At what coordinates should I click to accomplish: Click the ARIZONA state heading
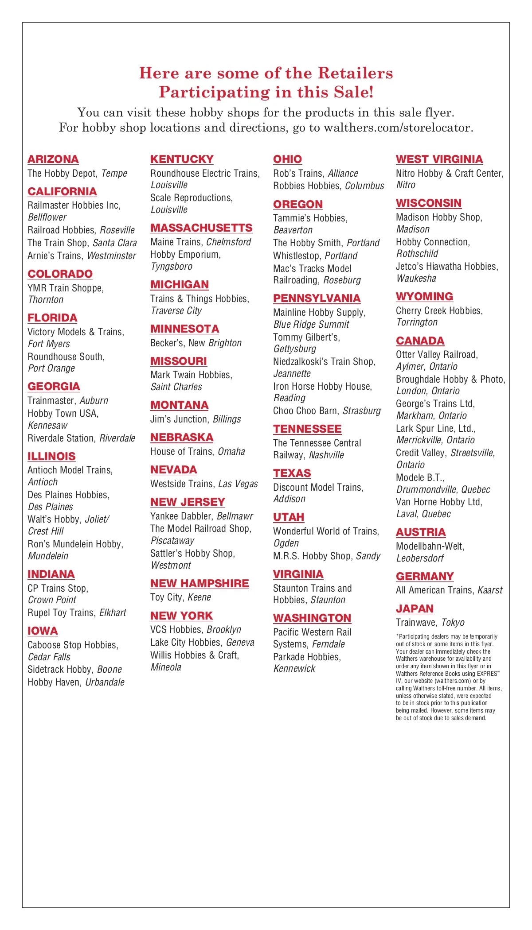(x=53, y=159)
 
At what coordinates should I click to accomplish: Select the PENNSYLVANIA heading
(x=317, y=298)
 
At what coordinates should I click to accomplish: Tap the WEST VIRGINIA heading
(x=439, y=159)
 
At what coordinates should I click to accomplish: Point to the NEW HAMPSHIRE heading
(x=199, y=584)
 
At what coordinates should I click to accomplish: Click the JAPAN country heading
(x=415, y=609)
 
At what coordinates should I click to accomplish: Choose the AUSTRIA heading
(x=421, y=532)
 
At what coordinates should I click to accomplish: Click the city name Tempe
(x=114, y=173)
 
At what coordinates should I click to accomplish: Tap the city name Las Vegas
(x=238, y=484)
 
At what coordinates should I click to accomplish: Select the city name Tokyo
(x=453, y=623)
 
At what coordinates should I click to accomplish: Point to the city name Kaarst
(x=490, y=590)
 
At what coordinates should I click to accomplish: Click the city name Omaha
(x=231, y=452)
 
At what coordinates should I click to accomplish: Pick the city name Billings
(x=227, y=419)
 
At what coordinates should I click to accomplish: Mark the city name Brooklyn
(x=224, y=630)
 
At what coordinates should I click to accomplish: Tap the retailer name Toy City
(x=166, y=597)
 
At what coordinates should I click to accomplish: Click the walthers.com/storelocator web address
(x=399, y=128)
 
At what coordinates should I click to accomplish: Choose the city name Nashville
(x=326, y=455)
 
